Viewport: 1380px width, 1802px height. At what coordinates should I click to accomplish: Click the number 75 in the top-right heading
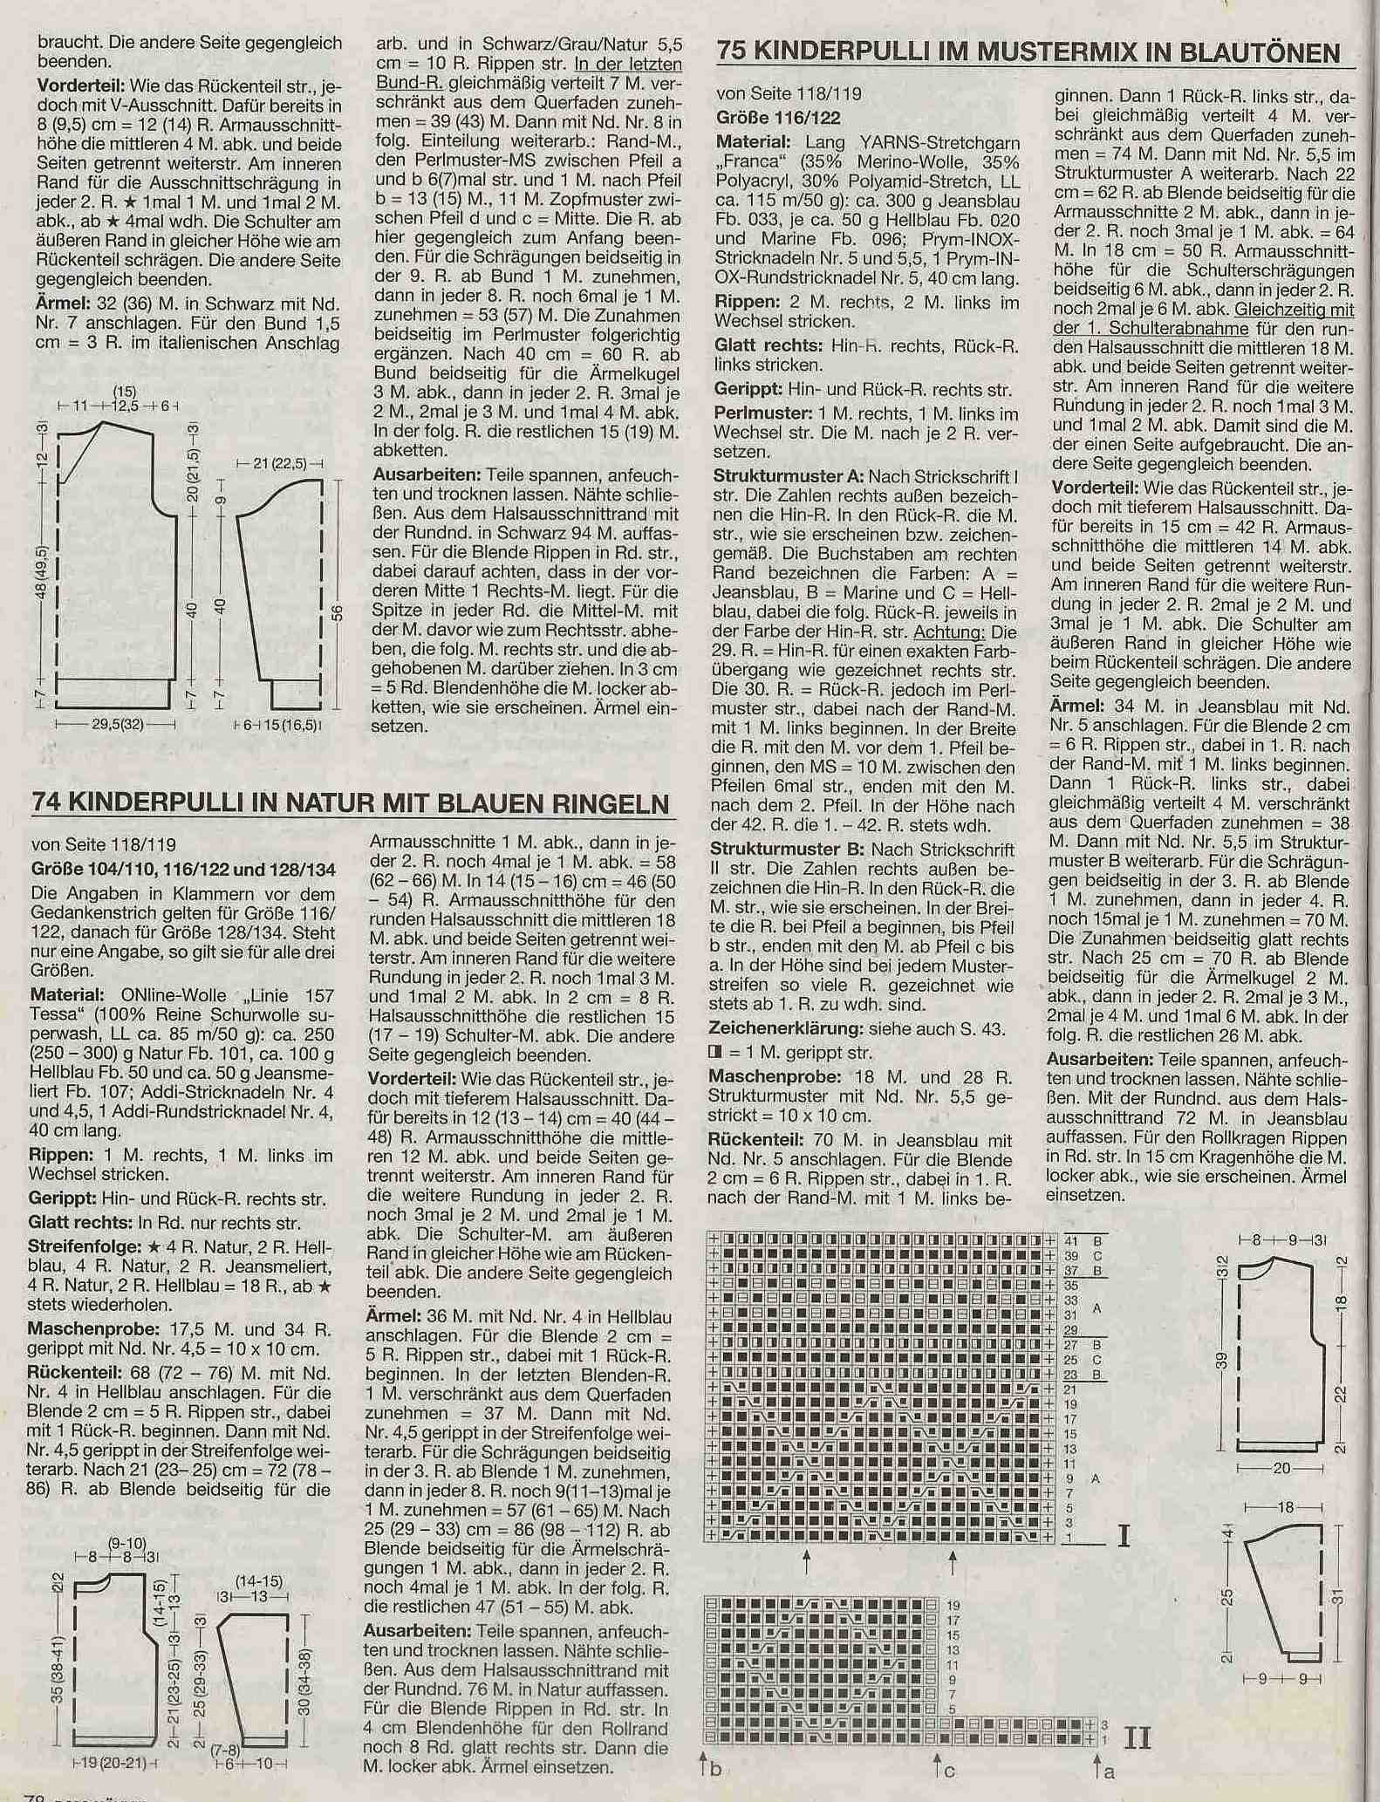tap(732, 52)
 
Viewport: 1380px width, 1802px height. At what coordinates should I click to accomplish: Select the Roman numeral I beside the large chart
tap(1124, 1534)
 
